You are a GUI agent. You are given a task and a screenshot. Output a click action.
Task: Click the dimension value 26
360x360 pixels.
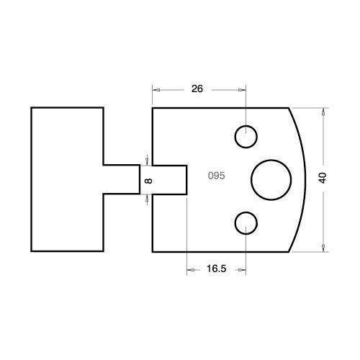[x=197, y=89]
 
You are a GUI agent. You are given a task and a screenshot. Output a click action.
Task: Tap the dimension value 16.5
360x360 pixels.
[x=216, y=269]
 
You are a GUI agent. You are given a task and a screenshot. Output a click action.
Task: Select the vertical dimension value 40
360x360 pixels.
[x=323, y=178]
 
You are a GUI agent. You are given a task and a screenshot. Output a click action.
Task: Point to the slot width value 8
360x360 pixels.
[x=149, y=181]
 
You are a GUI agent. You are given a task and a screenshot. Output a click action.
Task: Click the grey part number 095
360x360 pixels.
[x=217, y=176]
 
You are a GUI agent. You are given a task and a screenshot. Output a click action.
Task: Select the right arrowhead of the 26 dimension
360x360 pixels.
[x=242, y=90]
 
